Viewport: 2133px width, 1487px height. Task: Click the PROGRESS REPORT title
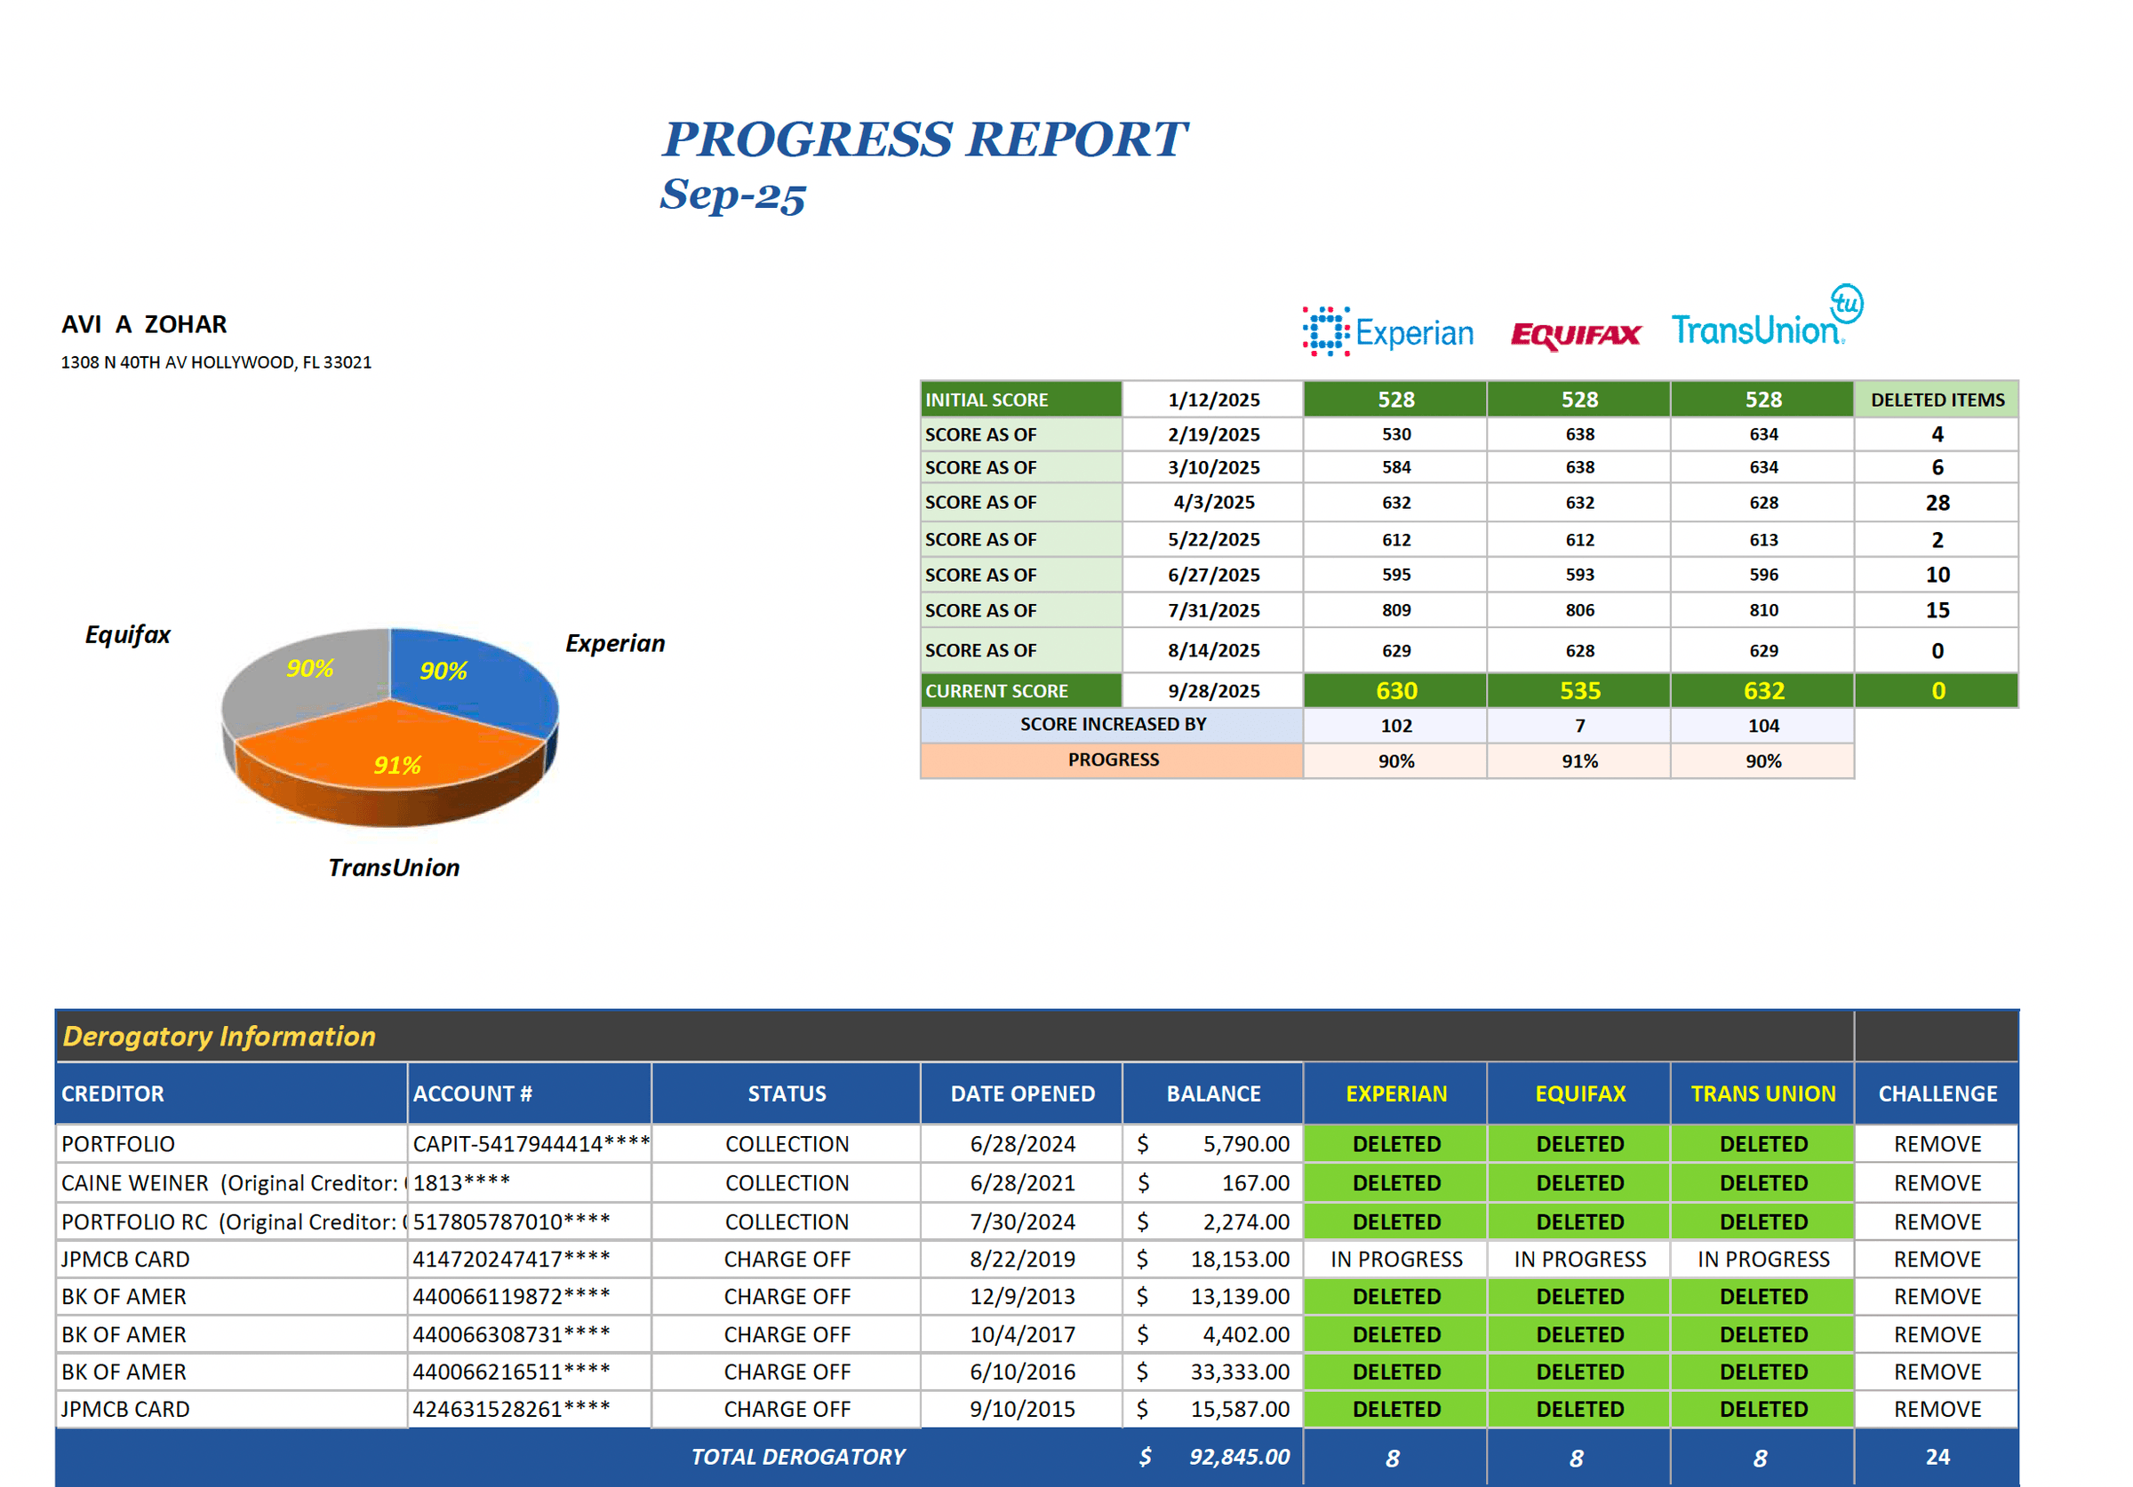coord(923,139)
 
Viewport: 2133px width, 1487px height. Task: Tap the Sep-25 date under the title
coord(732,195)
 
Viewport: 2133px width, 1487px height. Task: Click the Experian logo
coord(1388,331)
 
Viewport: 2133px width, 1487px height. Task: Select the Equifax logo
coord(1576,334)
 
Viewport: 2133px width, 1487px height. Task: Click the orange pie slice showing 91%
coord(390,757)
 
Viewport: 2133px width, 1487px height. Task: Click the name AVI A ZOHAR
coord(144,324)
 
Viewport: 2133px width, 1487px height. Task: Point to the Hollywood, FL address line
coord(216,362)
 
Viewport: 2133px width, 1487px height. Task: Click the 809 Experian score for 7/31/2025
coord(1395,610)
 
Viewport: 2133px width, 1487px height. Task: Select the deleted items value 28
coord(1937,503)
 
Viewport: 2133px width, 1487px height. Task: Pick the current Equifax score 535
coord(1579,691)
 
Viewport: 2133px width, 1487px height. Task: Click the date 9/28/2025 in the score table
coord(1213,691)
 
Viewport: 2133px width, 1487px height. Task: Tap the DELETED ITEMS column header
coord(1937,400)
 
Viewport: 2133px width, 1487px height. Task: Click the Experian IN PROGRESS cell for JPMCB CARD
coord(1395,1260)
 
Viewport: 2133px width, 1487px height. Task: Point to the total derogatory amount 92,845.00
coord(1239,1456)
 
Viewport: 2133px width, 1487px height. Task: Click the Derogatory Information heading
coord(220,1036)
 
